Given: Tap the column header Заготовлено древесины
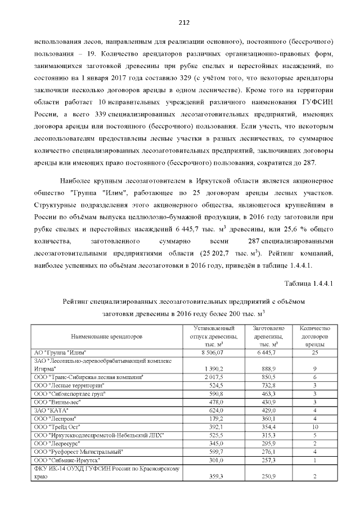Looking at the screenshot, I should point(271,336).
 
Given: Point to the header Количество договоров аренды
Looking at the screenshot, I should point(315,336).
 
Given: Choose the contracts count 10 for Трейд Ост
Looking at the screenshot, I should point(315,427).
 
